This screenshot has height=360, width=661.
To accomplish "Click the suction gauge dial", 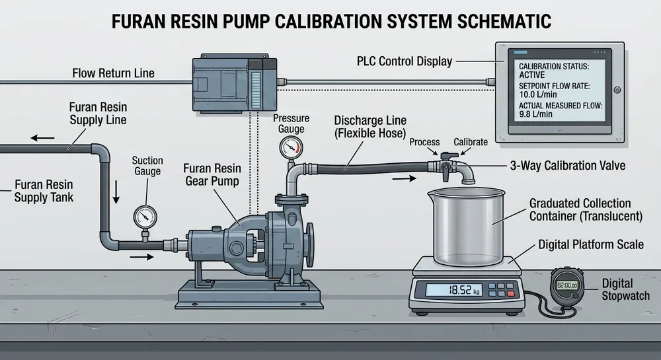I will coord(145,216).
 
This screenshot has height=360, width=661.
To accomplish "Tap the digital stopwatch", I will coord(568,286).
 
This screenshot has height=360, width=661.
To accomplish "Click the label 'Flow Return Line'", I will coord(113,73).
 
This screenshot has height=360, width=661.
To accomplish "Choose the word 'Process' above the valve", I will coord(424,142).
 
